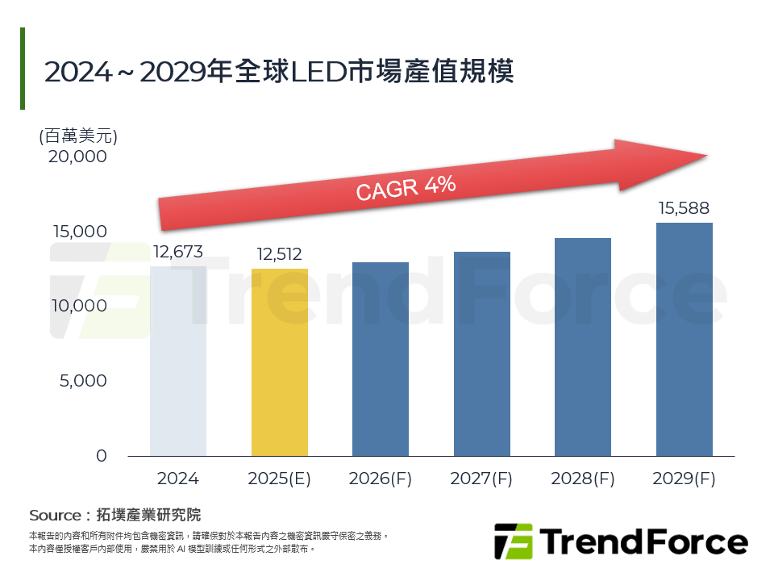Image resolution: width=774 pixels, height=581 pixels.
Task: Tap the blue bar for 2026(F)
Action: point(381,359)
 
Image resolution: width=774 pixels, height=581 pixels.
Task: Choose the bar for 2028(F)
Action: point(583,347)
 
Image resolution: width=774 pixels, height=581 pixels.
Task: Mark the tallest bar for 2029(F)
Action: point(685,339)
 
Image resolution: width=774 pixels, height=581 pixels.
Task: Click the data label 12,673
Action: point(178,252)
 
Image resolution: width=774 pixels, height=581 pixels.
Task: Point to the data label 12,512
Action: point(280,254)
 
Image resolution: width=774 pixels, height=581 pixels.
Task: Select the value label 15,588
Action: point(685,209)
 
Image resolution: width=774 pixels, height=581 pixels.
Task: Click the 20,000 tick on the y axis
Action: point(77,157)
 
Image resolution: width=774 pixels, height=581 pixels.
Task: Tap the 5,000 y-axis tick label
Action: point(83,381)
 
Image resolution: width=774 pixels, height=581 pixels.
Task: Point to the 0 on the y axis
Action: point(101,456)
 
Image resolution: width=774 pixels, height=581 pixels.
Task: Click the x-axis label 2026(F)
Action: point(381,479)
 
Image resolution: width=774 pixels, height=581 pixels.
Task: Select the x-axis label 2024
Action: point(178,479)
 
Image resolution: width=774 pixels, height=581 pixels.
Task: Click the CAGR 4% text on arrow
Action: point(406,188)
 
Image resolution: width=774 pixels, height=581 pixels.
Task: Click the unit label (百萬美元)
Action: point(78,136)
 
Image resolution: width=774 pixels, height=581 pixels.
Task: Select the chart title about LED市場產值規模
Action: point(279,71)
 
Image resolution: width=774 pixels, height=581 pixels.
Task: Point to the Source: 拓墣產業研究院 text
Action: point(114,515)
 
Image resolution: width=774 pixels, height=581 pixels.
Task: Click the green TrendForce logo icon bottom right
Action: point(513,541)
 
